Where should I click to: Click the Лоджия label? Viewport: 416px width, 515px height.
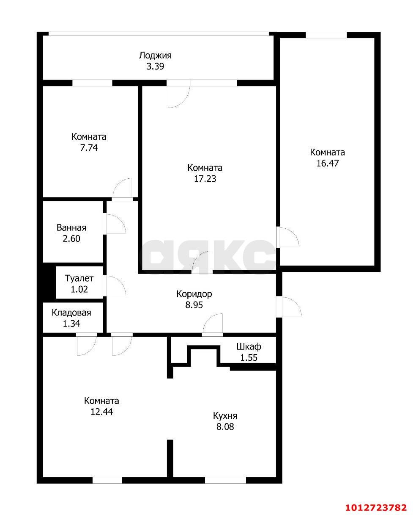click(155, 55)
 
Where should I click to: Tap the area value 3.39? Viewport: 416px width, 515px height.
click(155, 66)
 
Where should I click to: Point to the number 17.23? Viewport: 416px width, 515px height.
click(205, 179)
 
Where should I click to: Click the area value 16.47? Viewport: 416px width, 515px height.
click(327, 163)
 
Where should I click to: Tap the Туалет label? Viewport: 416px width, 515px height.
click(79, 278)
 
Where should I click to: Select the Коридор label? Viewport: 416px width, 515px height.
click(194, 293)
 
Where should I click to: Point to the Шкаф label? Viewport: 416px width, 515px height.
click(249, 346)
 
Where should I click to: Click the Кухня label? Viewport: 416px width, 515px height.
click(225, 415)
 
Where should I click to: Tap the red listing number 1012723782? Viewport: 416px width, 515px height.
click(376, 507)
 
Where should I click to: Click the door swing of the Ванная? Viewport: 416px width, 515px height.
click(115, 224)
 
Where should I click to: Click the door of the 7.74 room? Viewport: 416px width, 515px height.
click(123, 189)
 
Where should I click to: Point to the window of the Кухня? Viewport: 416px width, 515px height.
click(225, 480)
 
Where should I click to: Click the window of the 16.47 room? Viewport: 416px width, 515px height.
click(326, 35)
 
